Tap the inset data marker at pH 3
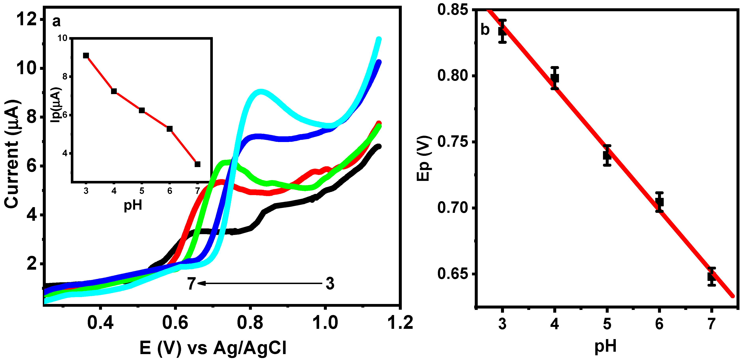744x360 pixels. (x=86, y=55)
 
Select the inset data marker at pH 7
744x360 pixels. (x=198, y=164)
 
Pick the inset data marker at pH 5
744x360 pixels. (x=142, y=110)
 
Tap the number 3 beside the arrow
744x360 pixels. (x=330, y=283)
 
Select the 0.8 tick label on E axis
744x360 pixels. (x=250, y=323)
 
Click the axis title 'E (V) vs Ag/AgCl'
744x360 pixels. (x=213, y=348)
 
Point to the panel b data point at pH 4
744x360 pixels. (x=554, y=78)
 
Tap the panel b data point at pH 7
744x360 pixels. (x=711, y=277)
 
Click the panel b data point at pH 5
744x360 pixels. (x=607, y=155)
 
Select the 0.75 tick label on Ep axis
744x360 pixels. (x=452, y=142)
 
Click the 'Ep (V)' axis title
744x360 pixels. (x=424, y=158)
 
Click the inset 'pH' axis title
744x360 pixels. (x=133, y=205)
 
